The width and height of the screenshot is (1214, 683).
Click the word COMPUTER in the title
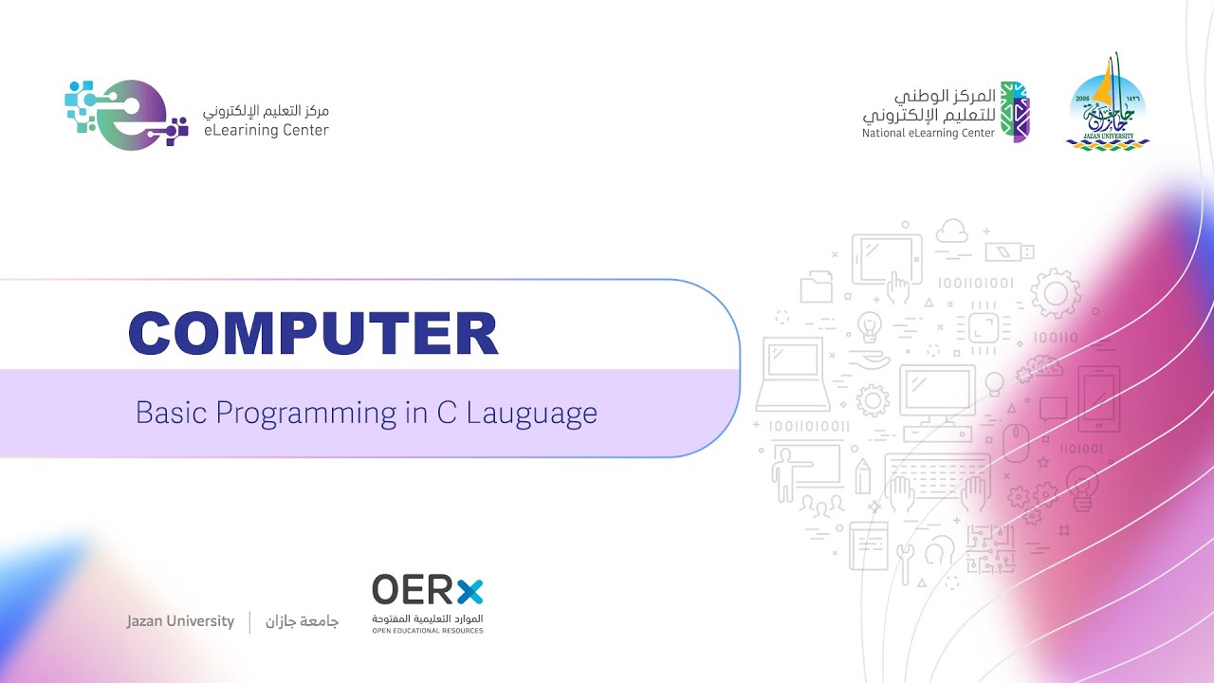313,333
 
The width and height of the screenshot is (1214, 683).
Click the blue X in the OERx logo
469,590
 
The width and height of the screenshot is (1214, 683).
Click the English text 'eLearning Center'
267,131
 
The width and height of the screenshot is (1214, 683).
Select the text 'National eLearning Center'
929,134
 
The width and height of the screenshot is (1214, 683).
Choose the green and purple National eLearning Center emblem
1016,112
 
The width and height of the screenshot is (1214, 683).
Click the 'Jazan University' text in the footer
180,621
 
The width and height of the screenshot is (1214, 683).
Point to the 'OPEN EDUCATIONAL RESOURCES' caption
427,631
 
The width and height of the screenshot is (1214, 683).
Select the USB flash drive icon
1009,251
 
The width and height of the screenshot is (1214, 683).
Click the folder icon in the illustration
816,287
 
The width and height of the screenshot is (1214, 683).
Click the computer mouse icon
1016,441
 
